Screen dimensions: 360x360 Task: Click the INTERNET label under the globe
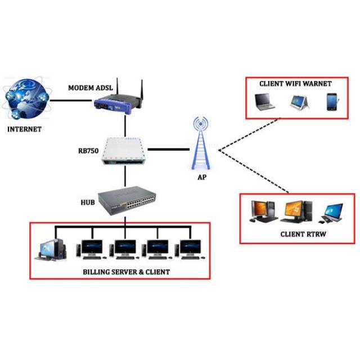(24, 129)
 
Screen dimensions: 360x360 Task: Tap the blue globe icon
(26, 99)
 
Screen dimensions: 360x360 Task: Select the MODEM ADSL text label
(91, 88)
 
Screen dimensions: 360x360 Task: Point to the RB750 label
(88, 151)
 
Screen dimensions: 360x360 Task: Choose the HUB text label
(88, 202)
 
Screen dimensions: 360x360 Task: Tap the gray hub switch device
(127, 200)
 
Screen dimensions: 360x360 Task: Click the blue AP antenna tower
(201, 143)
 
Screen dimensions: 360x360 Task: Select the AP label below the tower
(202, 177)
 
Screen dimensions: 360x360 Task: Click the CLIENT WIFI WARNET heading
(295, 84)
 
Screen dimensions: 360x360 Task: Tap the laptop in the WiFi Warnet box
(264, 102)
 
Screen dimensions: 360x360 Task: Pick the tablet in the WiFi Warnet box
(299, 102)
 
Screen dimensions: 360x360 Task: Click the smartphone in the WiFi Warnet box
(332, 102)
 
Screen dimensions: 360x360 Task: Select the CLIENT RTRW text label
(303, 235)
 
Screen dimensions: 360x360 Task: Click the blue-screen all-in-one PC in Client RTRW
(331, 213)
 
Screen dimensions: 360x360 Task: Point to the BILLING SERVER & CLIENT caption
(126, 272)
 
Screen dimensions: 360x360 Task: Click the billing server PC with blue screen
(51, 250)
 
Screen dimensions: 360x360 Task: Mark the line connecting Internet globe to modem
(71, 100)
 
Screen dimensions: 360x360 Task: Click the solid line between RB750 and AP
(169, 150)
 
